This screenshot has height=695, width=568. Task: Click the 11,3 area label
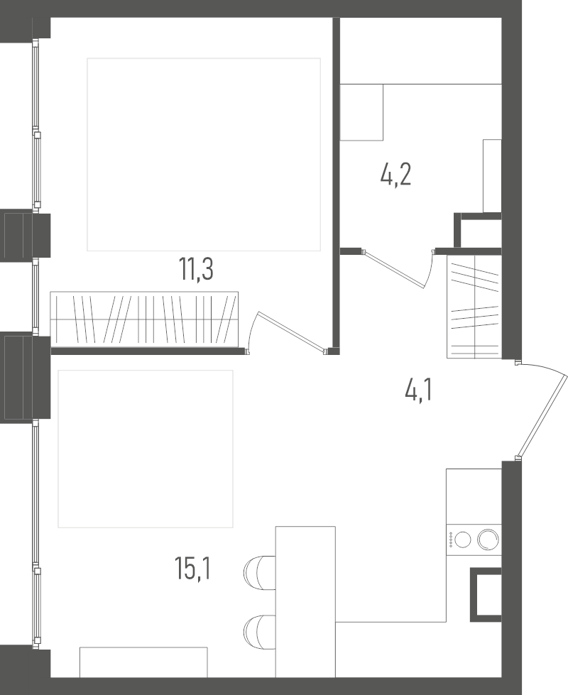coord(196,270)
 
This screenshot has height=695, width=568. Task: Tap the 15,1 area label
coord(192,569)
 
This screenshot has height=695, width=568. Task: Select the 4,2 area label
coord(395,175)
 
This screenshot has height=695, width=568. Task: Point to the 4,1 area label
coord(418,390)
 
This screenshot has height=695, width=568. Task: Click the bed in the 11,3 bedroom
coord(204,154)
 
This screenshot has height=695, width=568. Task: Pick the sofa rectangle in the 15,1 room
coord(146,449)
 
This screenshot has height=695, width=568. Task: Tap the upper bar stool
coord(259,572)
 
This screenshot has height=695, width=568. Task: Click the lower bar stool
coord(259,632)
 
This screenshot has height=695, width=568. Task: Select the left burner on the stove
coord(463,540)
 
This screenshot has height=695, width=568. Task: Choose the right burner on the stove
coord(488,540)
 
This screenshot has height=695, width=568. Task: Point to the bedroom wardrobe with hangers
coord(144,319)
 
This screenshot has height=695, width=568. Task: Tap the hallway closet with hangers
coord(474,307)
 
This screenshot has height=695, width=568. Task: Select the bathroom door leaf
coord(394,268)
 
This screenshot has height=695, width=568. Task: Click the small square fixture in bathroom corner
coord(361,112)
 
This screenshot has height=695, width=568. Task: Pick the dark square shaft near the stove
coord(486,595)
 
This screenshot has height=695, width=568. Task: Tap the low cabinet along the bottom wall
coord(143,662)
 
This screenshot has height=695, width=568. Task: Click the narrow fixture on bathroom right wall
coord(492,176)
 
